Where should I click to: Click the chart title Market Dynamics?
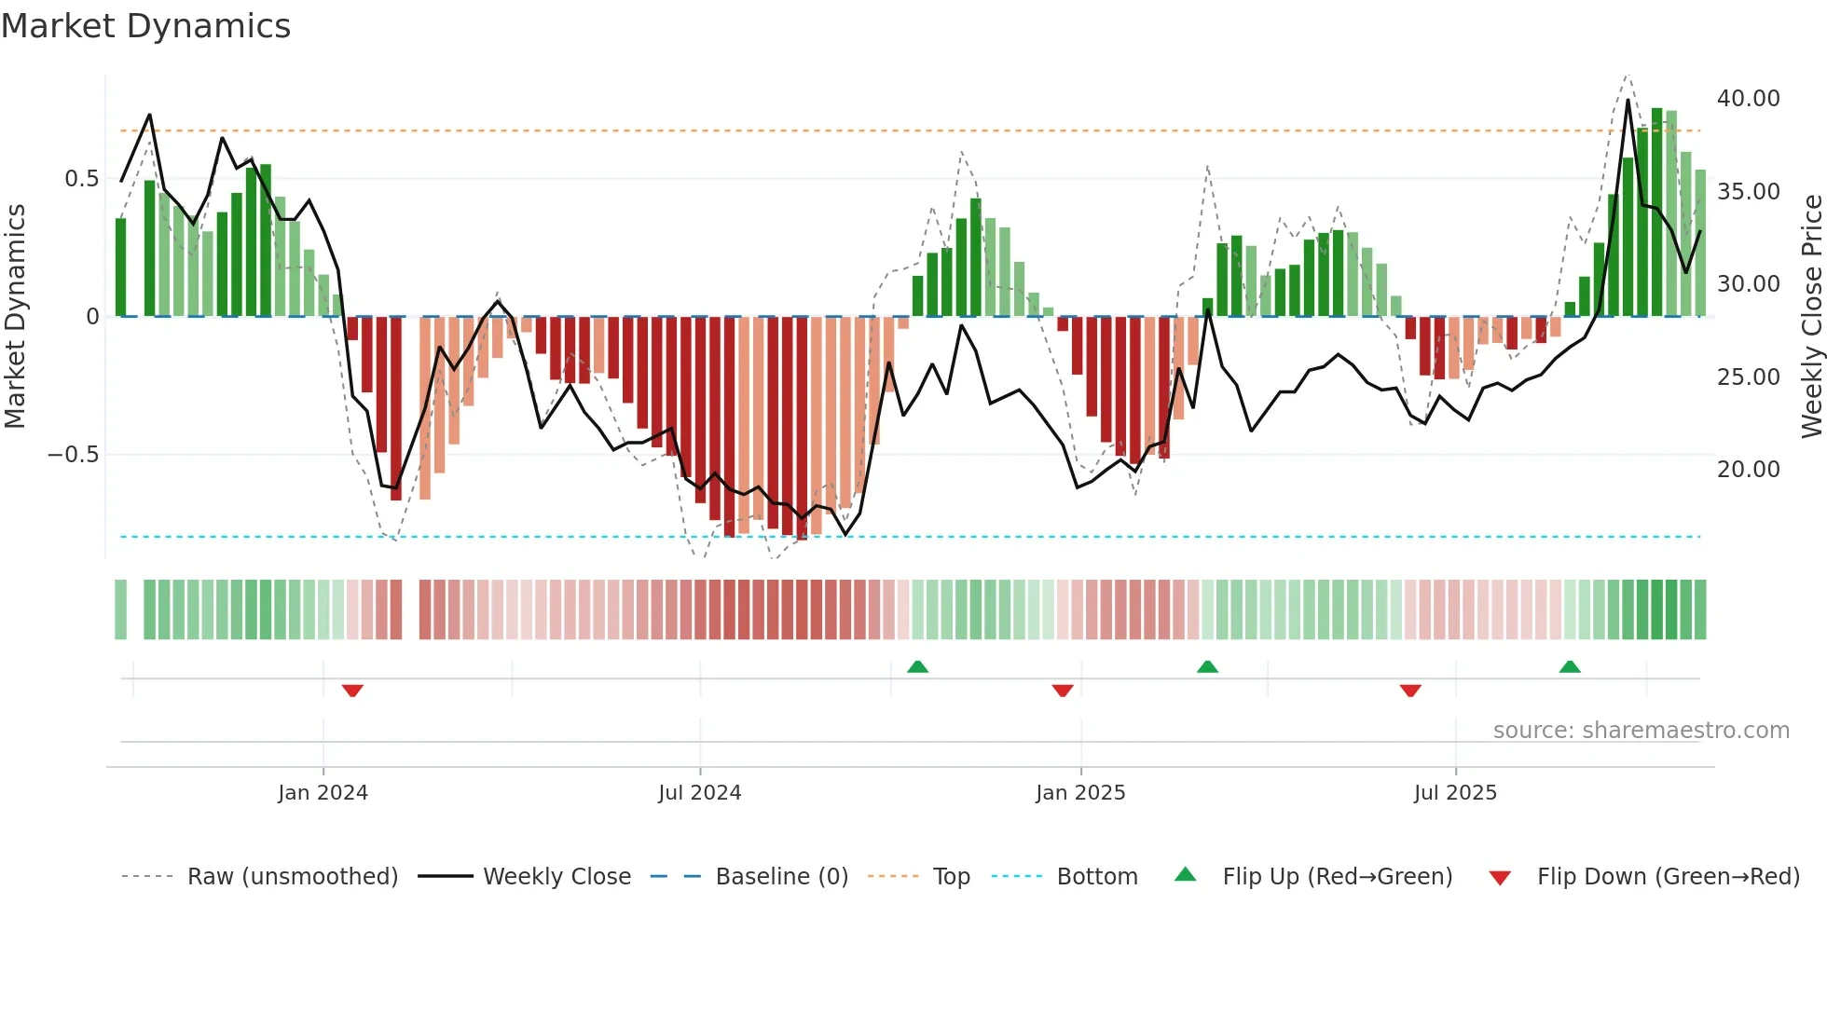click(x=145, y=26)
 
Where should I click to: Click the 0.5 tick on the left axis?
click(x=81, y=179)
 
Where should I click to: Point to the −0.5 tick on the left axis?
click(x=73, y=455)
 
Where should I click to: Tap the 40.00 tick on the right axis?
click(x=1748, y=99)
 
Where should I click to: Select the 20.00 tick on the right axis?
click(x=1748, y=470)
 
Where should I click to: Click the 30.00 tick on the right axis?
click(x=1748, y=284)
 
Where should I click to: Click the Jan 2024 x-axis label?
click(x=323, y=793)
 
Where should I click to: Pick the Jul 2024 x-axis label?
click(x=699, y=793)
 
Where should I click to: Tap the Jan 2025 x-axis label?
click(x=1080, y=793)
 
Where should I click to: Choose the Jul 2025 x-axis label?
click(x=1454, y=793)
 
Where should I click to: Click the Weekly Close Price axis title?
click(x=1811, y=317)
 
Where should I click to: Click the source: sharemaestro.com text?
click(x=1641, y=731)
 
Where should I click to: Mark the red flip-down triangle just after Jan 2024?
click(x=352, y=691)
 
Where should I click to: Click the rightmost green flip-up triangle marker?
click(x=1570, y=666)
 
